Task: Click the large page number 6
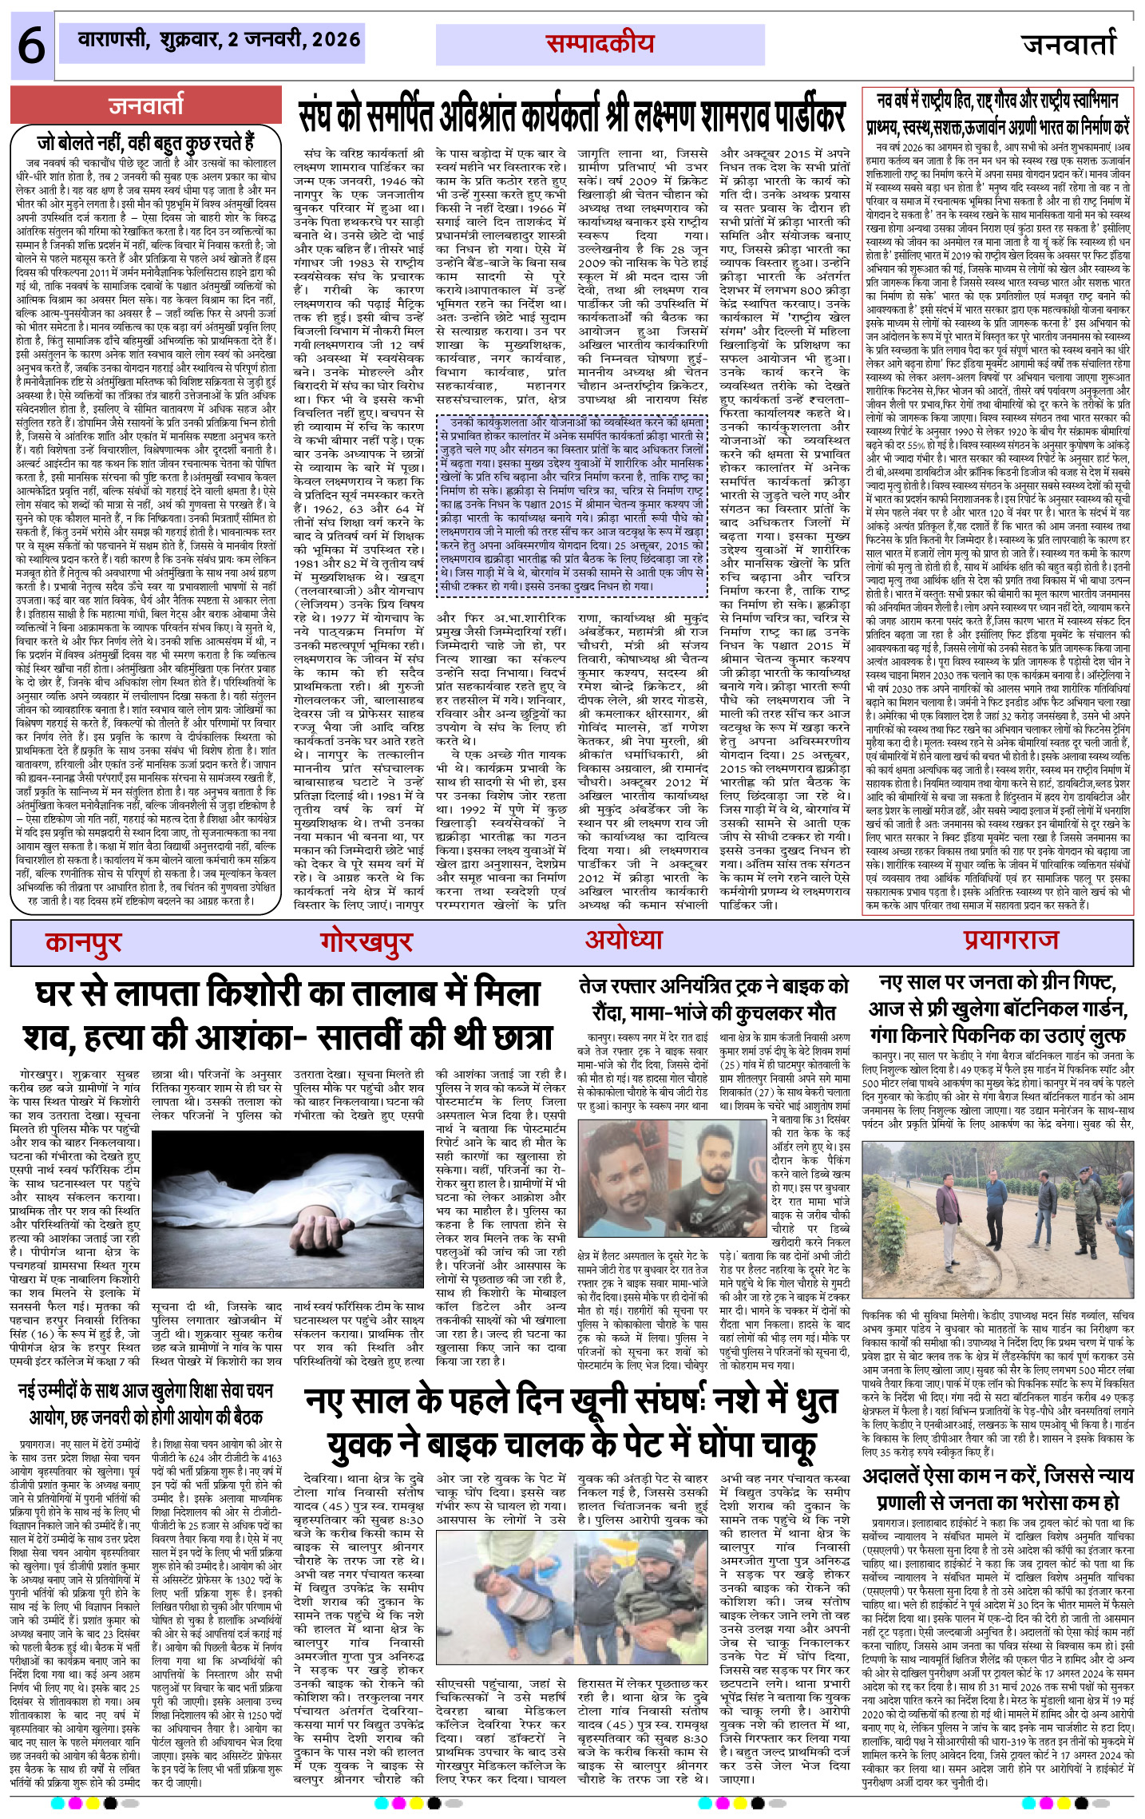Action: [31, 46]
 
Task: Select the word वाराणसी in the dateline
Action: [113, 39]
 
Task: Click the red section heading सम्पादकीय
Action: [600, 44]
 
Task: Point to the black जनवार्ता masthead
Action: [1069, 45]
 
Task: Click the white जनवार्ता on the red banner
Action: [146, 105]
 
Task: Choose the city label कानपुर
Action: [83, 942]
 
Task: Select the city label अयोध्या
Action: [624, 941]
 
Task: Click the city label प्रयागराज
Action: [1010, 941]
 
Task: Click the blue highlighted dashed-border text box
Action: [572, 505]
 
